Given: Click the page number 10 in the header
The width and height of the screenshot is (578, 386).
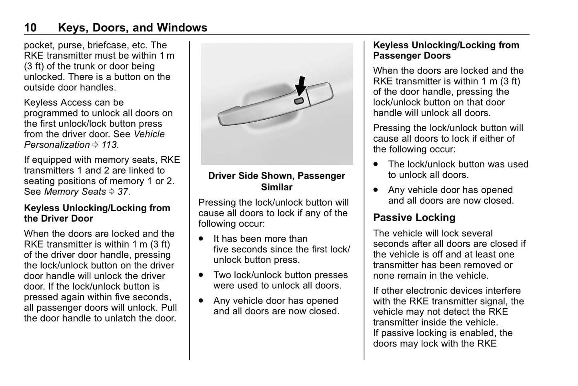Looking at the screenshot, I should tap(30, 28).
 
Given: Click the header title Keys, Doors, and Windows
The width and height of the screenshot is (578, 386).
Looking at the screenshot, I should tap(132, 28).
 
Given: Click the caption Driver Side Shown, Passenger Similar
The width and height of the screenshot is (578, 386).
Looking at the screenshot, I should tap(276, 181).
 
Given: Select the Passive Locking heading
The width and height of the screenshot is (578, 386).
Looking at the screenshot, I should tap(414, 218).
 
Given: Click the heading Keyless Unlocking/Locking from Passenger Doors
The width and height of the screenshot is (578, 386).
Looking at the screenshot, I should tap(446, 50).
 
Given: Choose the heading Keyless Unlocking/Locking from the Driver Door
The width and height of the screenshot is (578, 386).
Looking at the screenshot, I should tap(97, 213).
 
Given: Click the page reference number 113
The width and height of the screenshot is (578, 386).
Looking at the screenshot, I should tap(109, 145).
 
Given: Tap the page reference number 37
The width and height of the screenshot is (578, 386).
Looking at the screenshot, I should tap(123, 192).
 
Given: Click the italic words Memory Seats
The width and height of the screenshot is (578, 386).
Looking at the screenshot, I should tap(75, 192).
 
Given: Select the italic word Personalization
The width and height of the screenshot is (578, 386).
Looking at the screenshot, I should tap(57, 145).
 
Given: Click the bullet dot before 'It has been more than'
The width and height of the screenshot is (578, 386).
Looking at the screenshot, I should tap(201, 239).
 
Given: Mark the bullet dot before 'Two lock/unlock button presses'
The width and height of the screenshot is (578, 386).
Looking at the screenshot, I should tap(201, 275).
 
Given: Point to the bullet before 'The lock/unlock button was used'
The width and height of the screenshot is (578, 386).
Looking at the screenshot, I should tap(376, 164).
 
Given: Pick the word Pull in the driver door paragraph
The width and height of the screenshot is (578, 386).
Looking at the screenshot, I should tap(169, 308).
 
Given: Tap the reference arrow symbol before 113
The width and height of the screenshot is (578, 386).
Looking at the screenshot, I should tap(95, 145).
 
